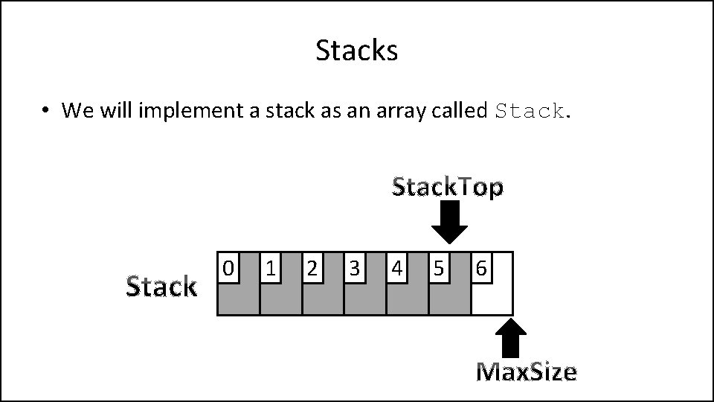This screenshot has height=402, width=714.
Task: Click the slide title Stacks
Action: coord(357,51)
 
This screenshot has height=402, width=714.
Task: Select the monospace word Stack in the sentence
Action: coord(530,112)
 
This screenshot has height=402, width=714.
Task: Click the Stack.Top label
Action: coord(448,188)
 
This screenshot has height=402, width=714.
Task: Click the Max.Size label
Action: coord(526,371)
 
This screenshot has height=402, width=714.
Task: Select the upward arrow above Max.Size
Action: coord(511,339)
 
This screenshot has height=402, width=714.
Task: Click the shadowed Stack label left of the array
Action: coord(161,286)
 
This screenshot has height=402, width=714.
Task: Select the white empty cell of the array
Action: coord(494,298)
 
